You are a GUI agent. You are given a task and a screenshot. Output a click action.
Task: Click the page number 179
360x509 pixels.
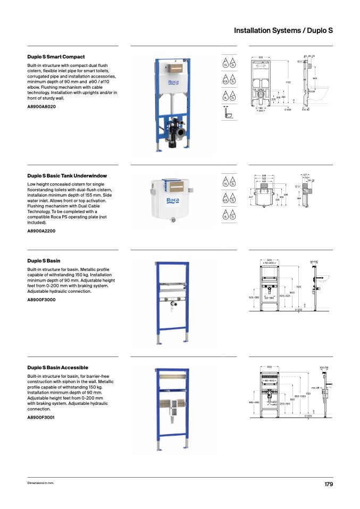(x=328, y=484)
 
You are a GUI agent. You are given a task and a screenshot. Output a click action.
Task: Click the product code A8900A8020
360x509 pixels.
(x=41, y=107)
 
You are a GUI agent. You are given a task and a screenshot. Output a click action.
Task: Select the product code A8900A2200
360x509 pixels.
(x=41, y=231)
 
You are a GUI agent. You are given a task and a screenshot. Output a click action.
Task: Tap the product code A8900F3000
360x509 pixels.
(x=41, y=300)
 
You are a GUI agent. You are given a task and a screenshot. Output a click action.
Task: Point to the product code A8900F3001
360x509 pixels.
(x=41, y=418)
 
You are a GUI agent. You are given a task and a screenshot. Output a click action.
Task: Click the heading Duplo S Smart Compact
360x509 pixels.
(x=56, y=57)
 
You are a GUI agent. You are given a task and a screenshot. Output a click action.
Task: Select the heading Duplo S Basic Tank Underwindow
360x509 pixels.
(x=67, y=175)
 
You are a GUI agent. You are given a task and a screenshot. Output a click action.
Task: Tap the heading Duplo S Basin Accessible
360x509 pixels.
(x=57, y=368)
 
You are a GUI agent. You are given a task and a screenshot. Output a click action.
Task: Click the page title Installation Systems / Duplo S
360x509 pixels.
(x=283, y=31)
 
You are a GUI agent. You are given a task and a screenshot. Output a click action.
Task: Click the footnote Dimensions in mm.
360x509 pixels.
(x=41, y=483)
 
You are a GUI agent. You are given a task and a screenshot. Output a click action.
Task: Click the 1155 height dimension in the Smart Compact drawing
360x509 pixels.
(x=287, y=82)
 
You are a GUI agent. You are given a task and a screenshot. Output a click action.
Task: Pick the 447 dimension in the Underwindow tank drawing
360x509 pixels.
(x=250, y=197)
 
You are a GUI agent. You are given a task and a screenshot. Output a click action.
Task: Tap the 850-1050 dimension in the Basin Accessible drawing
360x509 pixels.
(x=300, y=396)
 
